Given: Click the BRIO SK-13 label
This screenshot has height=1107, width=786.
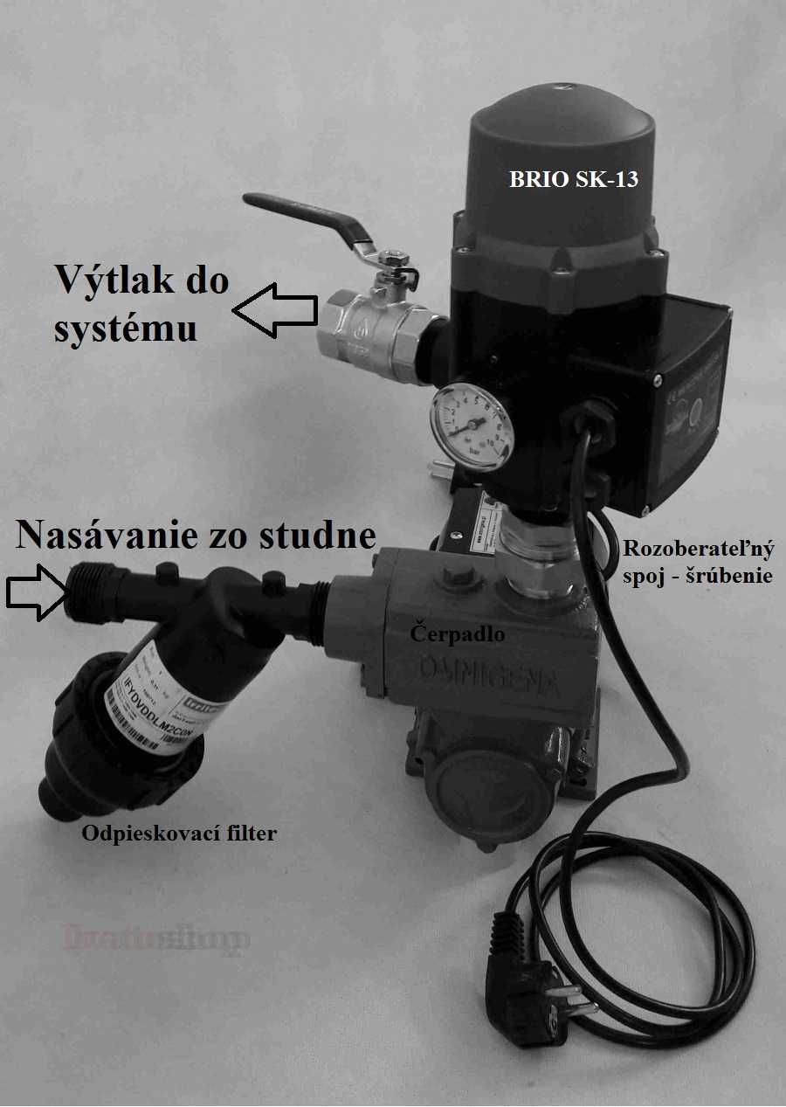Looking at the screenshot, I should (x=574, y=181).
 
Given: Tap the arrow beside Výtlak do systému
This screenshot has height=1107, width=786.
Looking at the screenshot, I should (x=275, y=309).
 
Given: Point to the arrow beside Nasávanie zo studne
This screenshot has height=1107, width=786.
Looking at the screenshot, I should (x=36, y=590).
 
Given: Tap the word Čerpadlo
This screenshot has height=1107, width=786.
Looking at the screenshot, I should (x=457, y=634).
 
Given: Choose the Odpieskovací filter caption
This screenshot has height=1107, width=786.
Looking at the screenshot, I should (x=179, y=833).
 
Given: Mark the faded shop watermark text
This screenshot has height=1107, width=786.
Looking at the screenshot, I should (x=156, y=938).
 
